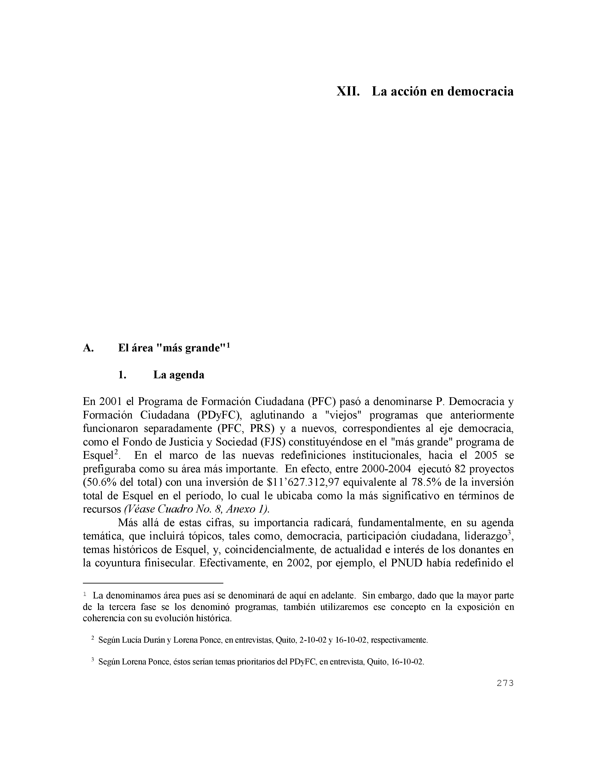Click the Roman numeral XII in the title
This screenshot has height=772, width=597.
348,91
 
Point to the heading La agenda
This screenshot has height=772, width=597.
179,375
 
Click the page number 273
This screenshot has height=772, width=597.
505,683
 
